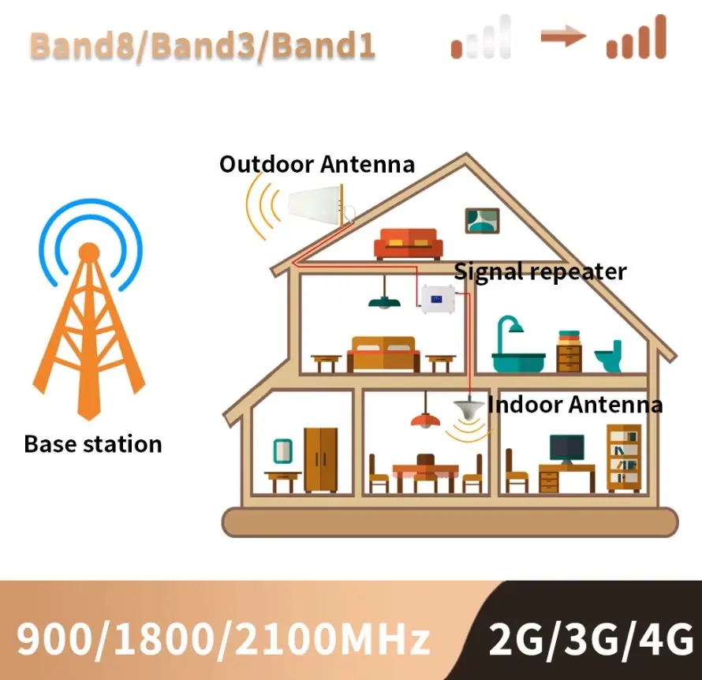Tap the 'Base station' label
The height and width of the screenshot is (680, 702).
(x=93, y=443)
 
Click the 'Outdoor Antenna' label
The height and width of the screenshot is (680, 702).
(x=316, y=164)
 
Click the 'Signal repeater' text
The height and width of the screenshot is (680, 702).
(x=540, y=271)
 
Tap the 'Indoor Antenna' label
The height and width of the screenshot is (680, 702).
(x=574, y=405)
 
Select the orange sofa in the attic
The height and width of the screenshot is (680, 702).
(x=408, y=243)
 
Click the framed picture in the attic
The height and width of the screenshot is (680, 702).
(x=482, y=219)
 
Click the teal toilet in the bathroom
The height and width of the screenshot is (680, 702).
(x=608, y=357)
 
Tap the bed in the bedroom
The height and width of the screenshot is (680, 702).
(x=383, y=353)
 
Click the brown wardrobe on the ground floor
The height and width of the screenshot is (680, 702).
(x=320, y=460)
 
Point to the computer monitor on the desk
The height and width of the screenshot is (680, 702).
(x=566, y=449)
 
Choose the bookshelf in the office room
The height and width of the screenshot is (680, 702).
(x=623, y=458)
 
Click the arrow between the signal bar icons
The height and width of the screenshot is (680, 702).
(x=562, y=35)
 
